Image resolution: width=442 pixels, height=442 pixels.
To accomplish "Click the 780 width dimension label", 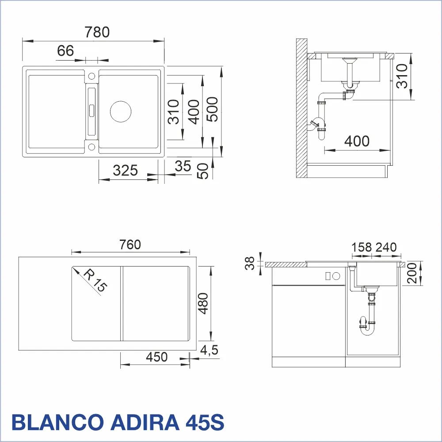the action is click(x=97, y=32).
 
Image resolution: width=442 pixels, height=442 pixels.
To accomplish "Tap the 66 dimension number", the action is click(x=65, y=51).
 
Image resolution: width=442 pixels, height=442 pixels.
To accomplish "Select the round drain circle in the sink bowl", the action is click(x=121, y=112).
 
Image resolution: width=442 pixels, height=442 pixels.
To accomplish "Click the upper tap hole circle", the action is click(x=91, y=76).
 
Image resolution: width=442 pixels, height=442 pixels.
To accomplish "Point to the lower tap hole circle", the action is click(x=91, y=147).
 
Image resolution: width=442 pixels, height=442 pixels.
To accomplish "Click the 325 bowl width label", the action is click(x=125, y=170).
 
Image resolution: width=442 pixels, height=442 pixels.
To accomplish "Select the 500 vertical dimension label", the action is click(x=212, y=109).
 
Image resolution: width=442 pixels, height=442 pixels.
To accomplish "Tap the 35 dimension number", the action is click(x=183, y=166).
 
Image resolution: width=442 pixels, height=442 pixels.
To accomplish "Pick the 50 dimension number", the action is click(x=203, y=171).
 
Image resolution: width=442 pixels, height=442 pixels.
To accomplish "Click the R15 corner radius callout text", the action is click(x=95, y=281).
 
